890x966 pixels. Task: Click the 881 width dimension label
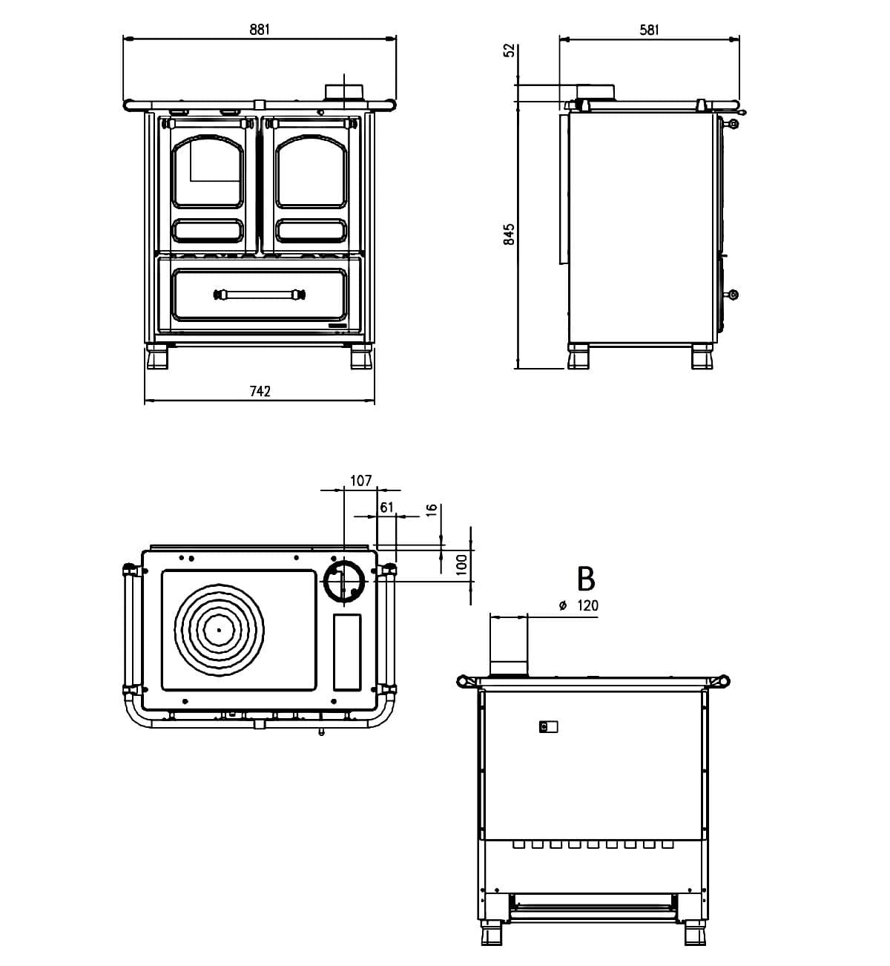260,30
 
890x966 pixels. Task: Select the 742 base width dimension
260,391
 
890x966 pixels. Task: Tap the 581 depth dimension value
649,30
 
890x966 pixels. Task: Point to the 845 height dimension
509,234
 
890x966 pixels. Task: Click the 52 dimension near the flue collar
509,50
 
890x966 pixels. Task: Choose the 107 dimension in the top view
360,481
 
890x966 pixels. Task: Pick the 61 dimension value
386,507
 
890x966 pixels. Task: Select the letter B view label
586,578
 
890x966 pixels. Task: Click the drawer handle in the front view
260,295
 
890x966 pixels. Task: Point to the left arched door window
208,172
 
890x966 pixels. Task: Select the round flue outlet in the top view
343,580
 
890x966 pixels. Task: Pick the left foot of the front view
157,357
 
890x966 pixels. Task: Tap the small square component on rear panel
548,727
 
